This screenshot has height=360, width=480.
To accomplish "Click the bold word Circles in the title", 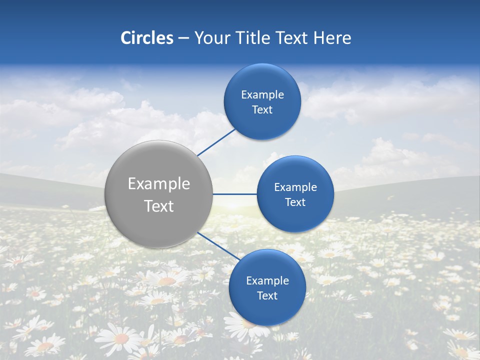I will coord(146,38).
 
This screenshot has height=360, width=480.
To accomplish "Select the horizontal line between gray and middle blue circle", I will coord(234,194).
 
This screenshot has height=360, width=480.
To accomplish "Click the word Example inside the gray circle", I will coord(159,184).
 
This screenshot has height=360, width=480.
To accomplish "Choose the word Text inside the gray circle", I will coord(159,206).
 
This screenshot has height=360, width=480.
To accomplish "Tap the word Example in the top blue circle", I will coord(262,95).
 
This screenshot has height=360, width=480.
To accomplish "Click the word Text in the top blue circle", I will coord(262,110).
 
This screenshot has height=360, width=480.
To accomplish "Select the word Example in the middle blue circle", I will coord(295,187).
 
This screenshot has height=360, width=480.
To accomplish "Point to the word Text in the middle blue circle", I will coord(295,202).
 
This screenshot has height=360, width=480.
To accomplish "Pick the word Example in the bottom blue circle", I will coord(267,281).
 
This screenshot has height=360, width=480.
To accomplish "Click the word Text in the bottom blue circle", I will coord(267,296).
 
